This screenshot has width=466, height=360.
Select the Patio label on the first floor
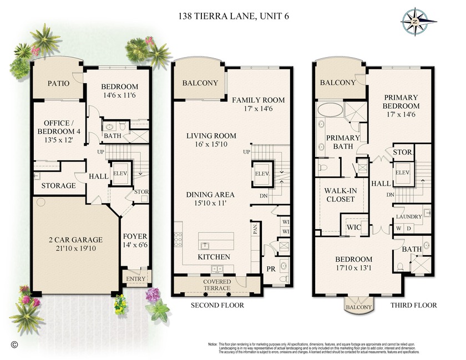[58, 84]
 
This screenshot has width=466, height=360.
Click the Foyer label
[135, 236]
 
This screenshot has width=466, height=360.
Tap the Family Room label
[258, 100]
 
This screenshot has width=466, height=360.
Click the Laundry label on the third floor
[408, 216]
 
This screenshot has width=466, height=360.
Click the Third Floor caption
[413, 305]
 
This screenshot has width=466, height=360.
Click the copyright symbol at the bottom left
[14, 343]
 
